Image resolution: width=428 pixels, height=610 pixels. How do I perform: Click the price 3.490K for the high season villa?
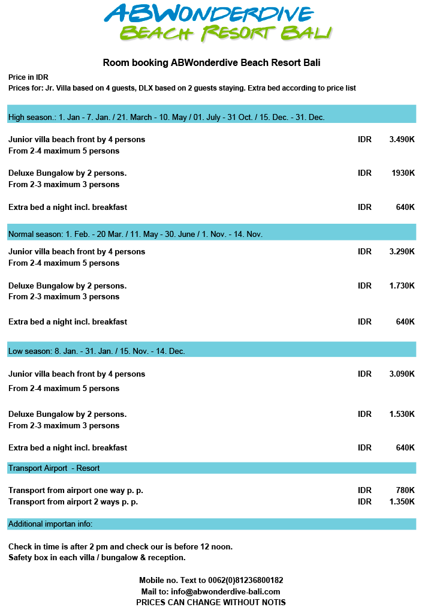point(402,139)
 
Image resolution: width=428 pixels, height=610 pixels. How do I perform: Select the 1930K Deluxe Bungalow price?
point(403,173)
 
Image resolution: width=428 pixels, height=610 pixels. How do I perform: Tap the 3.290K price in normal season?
point(402,251)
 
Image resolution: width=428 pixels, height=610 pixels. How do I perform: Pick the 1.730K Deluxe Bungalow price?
point(402,286)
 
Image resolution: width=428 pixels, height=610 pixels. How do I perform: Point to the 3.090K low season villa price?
point(402,374)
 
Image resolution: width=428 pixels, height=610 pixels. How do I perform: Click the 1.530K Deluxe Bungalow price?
point(402,414)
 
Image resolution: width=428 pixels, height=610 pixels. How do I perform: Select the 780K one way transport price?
point(405,490)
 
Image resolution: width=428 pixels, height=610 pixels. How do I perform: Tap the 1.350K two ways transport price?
point(402,501)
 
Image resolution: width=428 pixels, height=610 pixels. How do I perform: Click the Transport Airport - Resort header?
point(211,468)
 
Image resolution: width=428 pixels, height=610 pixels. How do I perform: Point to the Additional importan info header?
point(211,524)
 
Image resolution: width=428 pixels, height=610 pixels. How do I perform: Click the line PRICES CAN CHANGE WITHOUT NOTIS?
point(211,602)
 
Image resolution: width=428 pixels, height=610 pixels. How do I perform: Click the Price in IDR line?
point(28,77)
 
